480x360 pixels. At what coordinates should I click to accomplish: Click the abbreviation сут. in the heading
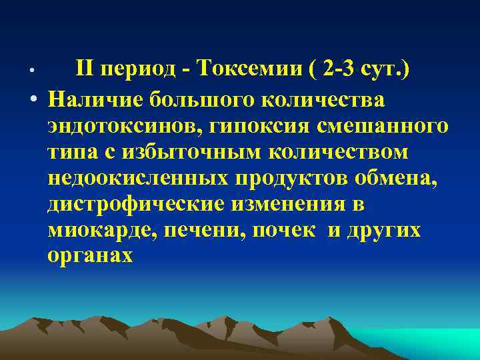pos(387,69)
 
